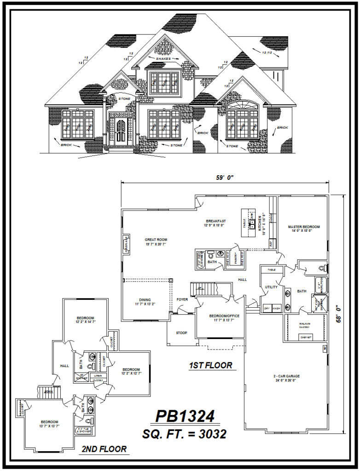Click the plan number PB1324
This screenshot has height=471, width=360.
[185, 416]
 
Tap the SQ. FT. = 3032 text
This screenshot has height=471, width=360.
[185, 434]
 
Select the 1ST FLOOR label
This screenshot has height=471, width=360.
[210, 366]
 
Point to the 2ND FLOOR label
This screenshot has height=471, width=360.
[104, 449]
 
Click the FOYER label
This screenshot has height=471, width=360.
[182, 299]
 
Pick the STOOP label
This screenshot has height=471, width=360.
[182, 333]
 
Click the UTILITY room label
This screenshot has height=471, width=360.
[271, 287]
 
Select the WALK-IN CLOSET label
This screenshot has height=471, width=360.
[304, 325]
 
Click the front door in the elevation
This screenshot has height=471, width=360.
[121, 131]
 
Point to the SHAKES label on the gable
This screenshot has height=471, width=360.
[163, 59]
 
